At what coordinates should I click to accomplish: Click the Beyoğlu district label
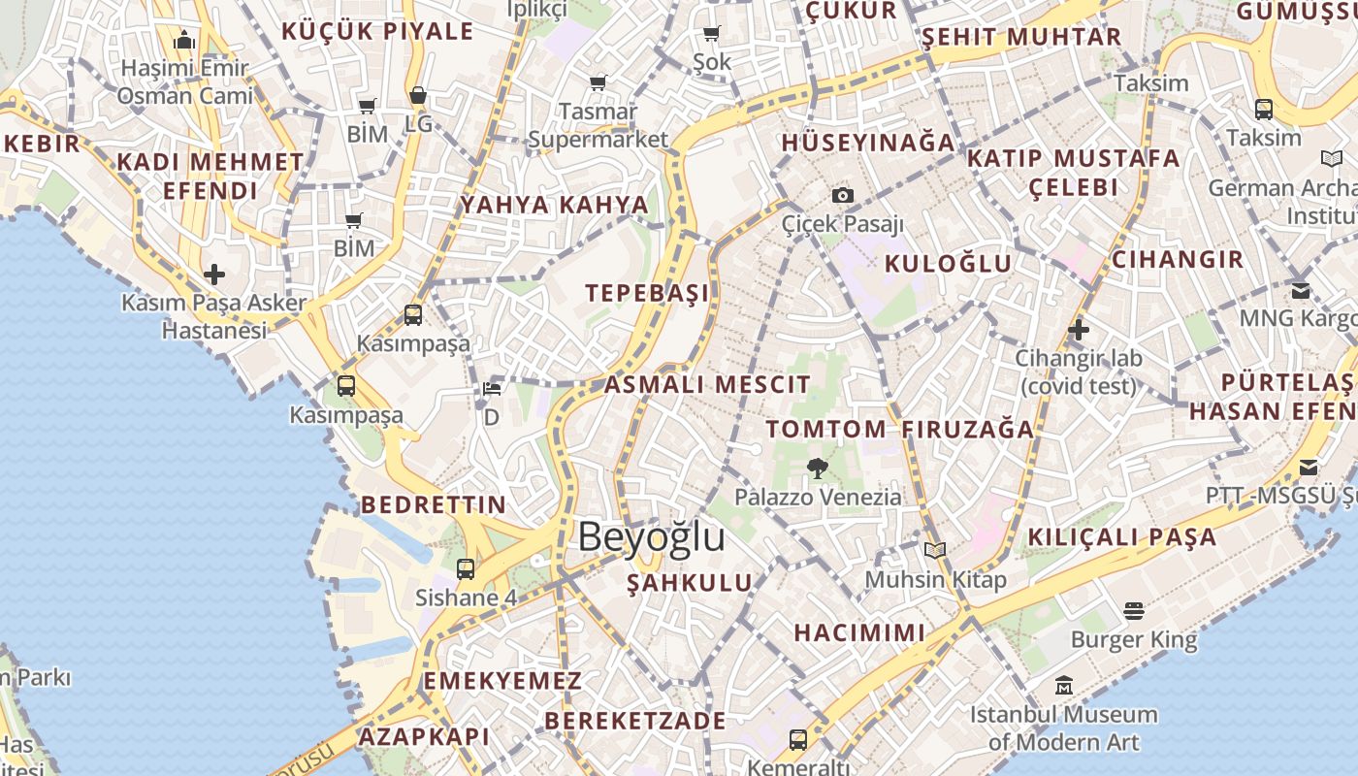[x=651, y=536]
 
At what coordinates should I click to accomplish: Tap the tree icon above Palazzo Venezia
[x=817, y=469]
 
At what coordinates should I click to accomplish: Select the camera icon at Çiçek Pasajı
[x=843, y=195]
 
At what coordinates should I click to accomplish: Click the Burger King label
[x=1134, y=640]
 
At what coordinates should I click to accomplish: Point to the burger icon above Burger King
[x=1134, y=611]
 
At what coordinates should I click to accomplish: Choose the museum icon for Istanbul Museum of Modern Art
[x=1064, y=686]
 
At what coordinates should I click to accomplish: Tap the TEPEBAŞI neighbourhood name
[x=647, y=293]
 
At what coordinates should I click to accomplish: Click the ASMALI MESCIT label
[x=707, y=384]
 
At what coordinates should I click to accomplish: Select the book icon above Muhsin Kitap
[x=935, y=550]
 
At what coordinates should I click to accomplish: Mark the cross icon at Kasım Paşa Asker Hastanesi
[x=213, y=274]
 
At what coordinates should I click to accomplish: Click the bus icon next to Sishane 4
[x=466, y=568]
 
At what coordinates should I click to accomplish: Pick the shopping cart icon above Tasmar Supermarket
[x=598, y=83]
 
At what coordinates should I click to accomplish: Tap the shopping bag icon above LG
[x=418, y=95]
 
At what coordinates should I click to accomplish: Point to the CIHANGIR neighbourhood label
[x=1177, y=259]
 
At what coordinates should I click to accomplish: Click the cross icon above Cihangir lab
[x=1078, y=330]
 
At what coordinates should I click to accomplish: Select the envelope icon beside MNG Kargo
[x=1301, y=290]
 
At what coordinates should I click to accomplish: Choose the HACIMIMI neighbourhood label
[x=859, y=633]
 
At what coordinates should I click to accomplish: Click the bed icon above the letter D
[x=492, y=389]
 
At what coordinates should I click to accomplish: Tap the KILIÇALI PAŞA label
[x=1121, y=536]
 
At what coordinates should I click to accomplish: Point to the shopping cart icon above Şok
[x=711, y=34]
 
